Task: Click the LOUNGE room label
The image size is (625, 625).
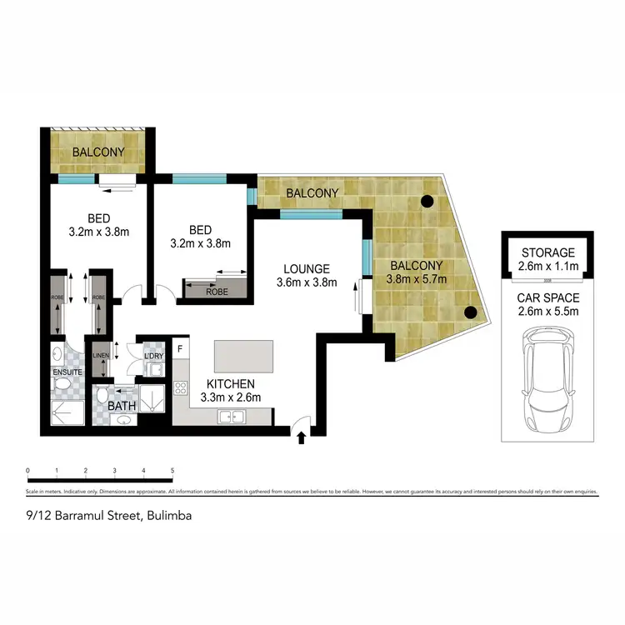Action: [307, 269]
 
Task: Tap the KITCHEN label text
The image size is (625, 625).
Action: [231, 384]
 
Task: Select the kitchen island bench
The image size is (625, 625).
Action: [244, 356]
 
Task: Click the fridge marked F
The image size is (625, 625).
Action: [180, 348]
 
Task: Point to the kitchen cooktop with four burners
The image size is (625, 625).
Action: [180, 387]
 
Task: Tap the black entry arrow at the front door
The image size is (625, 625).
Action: [302, 436]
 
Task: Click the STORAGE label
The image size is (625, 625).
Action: [548, 252]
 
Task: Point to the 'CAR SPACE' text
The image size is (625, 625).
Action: [548, 297]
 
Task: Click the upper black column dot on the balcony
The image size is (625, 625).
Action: [427, 201]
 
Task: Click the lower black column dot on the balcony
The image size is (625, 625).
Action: [470, 313]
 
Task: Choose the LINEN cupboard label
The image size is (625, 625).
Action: [100, 356]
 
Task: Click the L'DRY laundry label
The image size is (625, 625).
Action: [155, 357]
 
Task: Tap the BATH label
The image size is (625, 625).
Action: [122, 407]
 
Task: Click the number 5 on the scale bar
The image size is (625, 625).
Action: [172, 471]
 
